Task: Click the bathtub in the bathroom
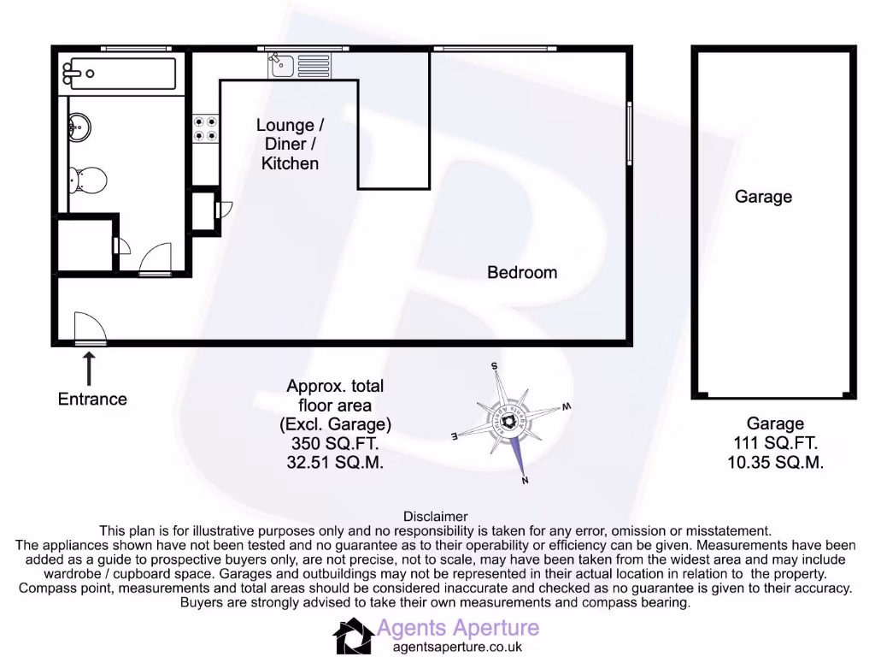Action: click(x=120, y=74)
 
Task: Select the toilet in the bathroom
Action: click(x=89, y=180)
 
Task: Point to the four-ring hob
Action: click(x=205, y=128)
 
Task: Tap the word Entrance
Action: click(x=92, y=399)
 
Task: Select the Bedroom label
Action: click(x=521, y=272)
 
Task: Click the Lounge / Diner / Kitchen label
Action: click(x=290, y=144)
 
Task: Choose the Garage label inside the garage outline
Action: click(x=763, y=197)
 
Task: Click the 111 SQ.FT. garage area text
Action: click(x=775, y=443)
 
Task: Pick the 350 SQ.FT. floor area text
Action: click(x=334, y=444)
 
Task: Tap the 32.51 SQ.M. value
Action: click(x=334, y=463)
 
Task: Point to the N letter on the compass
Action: click(x=525, y=480)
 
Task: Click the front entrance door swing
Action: click(x=90, y=328)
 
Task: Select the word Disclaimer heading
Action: click(x=435, y=516)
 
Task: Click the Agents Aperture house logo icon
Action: click(x=351, y=636)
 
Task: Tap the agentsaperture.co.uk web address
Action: click(x=456, y=647)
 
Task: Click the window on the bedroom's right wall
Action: click(x=630, y=133)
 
